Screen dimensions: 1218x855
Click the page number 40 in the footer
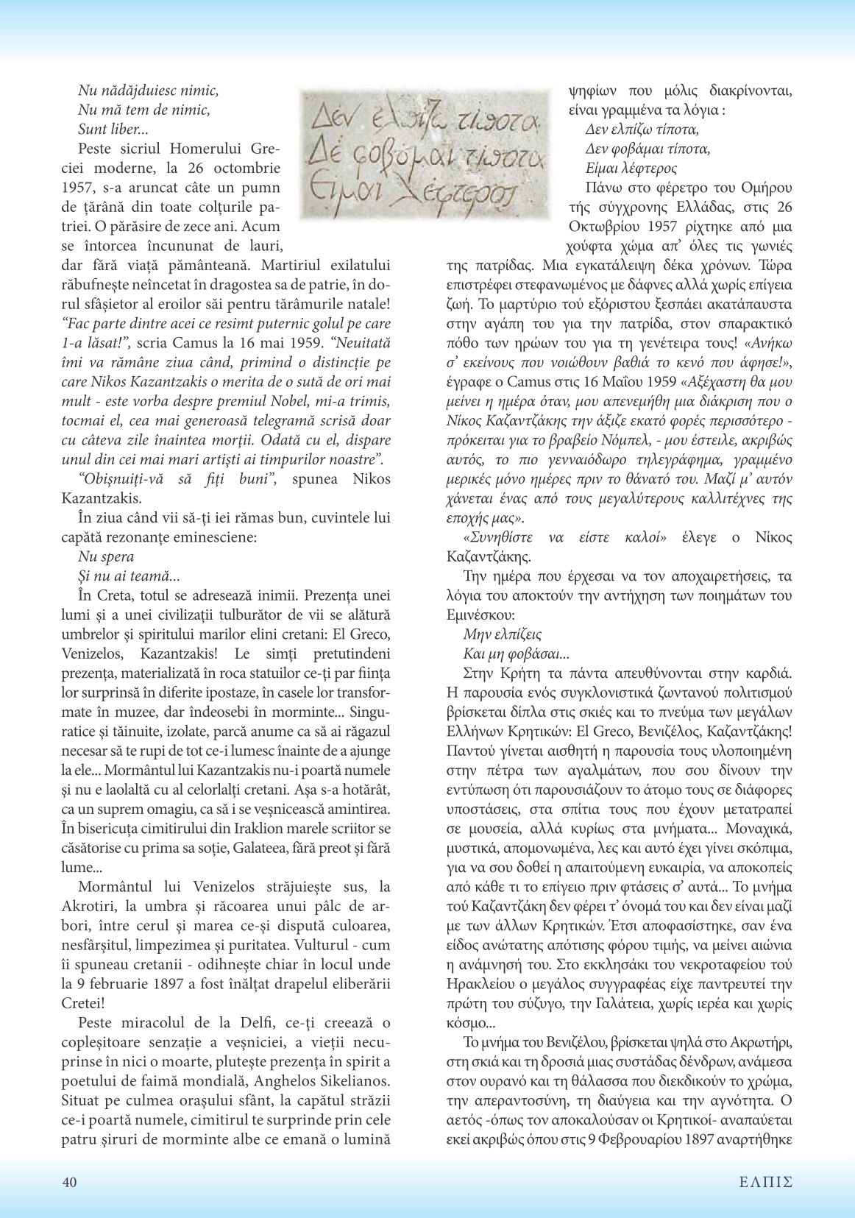coord(69,1182)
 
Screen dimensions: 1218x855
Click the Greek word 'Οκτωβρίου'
coord(603,225)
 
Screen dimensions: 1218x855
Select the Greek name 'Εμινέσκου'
coord(481,615)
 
